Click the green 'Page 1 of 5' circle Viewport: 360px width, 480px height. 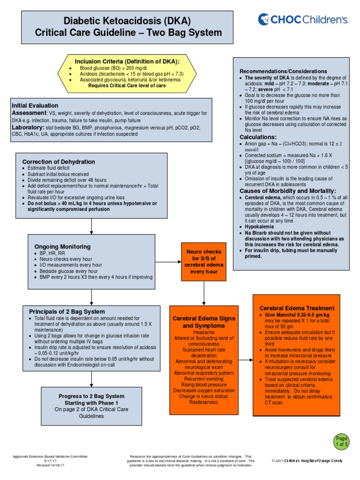[x=342, y=440]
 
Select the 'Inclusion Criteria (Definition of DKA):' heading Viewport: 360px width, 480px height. [x=127, y=61]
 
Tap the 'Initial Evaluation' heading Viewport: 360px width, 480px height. [x=35, y=105]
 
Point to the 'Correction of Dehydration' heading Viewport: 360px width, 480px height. [x=59, y=162]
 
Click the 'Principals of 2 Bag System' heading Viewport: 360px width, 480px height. [x=67, y=311]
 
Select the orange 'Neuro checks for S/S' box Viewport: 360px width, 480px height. [x=203, y=258]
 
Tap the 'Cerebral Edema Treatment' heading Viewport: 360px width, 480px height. [x=297, y=308]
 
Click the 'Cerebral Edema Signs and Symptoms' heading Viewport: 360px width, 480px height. [x=203, y=322]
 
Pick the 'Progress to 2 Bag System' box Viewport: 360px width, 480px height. [x=91, y=406]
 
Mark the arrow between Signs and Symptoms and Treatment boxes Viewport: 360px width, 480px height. [x=244, y=360]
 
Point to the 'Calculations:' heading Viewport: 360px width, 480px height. [x=258, y=137]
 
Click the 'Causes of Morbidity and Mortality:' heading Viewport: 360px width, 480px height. [x=288, y=191]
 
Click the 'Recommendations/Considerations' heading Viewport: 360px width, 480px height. [x=283, y=71]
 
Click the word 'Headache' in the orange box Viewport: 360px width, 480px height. [x=203, y=332]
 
